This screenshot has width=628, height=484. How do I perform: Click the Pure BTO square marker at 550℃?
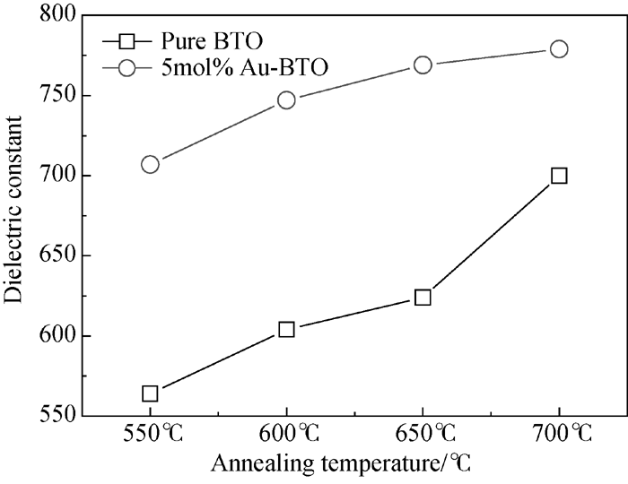150,393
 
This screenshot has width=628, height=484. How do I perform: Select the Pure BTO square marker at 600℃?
286,329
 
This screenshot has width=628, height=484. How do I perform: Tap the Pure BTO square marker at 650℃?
423,297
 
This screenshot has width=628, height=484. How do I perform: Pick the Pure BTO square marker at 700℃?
559,176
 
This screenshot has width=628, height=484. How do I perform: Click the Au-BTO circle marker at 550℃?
150,164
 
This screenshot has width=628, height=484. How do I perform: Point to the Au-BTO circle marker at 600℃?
286,99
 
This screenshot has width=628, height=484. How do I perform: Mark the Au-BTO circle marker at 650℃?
423,65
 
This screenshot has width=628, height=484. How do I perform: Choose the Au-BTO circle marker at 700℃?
559,48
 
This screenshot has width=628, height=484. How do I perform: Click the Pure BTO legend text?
199,40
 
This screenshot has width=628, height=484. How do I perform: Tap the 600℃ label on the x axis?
286,437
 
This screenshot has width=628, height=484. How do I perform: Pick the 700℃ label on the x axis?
559,437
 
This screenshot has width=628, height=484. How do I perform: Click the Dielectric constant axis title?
15,214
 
